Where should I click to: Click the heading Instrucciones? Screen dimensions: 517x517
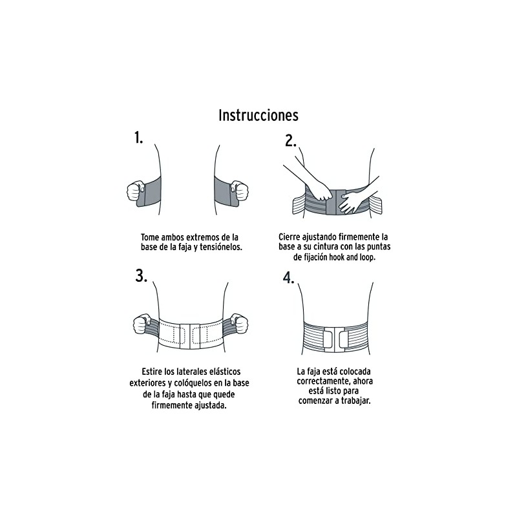tap(258, 116)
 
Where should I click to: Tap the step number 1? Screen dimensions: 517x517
tap(138, 137)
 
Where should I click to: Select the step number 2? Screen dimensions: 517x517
tap(290, 141)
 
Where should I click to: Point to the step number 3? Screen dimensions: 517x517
tap(141, 276)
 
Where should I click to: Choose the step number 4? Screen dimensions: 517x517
tap(288, 278)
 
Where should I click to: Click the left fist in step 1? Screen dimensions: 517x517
tap(136, 191)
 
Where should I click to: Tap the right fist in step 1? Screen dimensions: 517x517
tap(239, 190)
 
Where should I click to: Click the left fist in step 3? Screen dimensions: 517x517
tap(142, 324)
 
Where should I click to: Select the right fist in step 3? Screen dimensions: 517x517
tap(239, 324)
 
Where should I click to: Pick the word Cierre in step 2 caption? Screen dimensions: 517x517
tap(290, 237)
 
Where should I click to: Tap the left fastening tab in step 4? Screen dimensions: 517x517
tap(328, 339)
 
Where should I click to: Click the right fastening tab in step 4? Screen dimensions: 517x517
tap(343, 339)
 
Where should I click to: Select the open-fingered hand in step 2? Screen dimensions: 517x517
tap(350, 202)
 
